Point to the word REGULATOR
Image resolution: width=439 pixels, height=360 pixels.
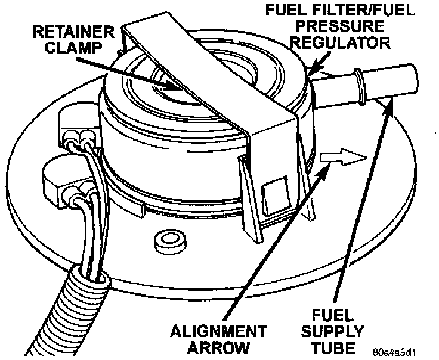346,43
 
